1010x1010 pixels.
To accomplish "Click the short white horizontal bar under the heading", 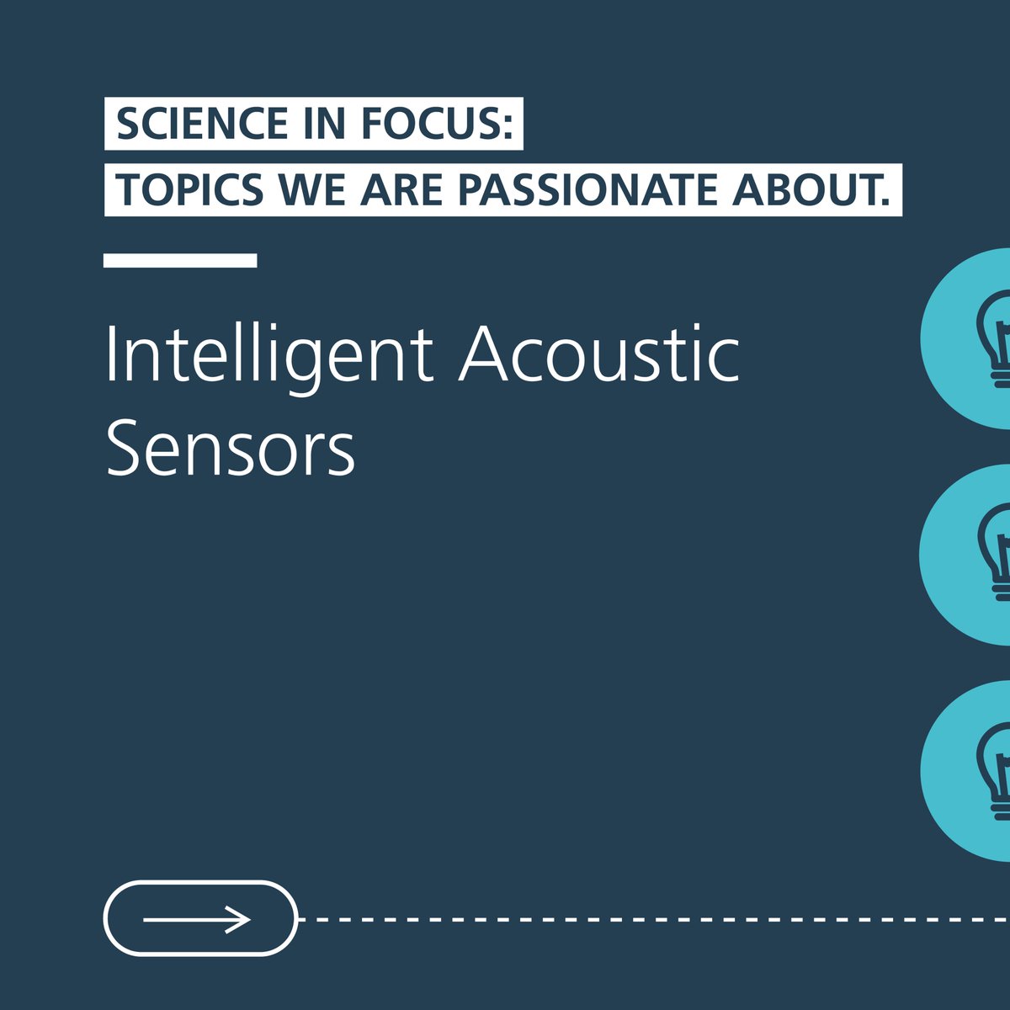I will coord(180,260).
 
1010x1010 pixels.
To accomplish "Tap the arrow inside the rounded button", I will coord(197,919).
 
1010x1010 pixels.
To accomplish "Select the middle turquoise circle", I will coord(968,555).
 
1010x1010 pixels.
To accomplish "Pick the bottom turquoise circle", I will coord(968,771).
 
